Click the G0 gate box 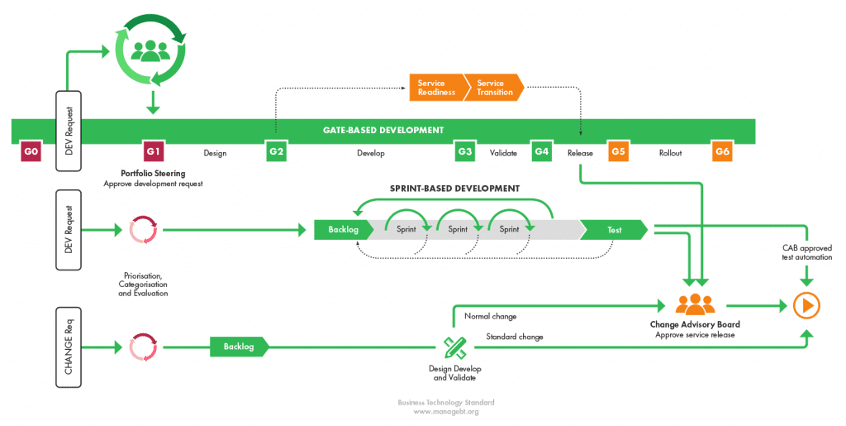tap(31, 152)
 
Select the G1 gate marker tap(154, 152)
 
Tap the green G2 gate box tap(276, 152)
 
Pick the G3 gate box tap(465, 152)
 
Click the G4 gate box tap(542, 152)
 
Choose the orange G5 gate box tap(618, 152)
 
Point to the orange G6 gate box tap(722, 152)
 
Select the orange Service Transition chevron tap(494, 88)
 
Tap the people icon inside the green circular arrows tap(150, 51)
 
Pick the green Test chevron tap(615, 229)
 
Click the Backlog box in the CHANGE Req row tap(238, 346)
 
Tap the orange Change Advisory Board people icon tap(695, 304)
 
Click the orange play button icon tap(806, 305)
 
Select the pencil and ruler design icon tap(454, 347)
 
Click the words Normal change tap(491, 316)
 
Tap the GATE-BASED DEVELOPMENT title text tap(383, 130)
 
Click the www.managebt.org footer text tap(445, 411)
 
